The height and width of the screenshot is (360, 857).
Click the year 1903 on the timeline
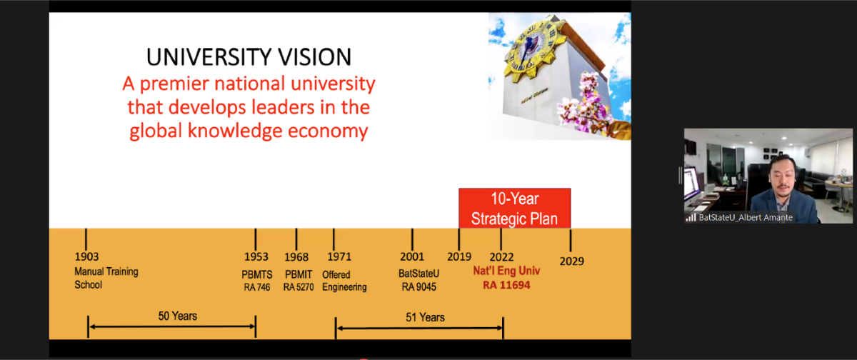point(86,256)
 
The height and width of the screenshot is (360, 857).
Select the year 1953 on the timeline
point(256,256)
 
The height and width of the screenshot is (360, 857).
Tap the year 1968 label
point(296,257)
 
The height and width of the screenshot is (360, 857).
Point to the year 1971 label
point(339,256)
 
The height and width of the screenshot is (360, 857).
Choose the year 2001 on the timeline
point(412,256)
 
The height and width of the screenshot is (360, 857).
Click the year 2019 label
point(459,256)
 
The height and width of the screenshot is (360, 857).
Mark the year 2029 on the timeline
point(571,261)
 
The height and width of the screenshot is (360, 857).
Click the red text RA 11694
point(506,285)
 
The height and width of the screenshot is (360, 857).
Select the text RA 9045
point(419,287)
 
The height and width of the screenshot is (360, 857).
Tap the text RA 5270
point(299,287)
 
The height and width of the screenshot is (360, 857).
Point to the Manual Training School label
point(106,278)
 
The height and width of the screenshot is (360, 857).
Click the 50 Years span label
point(178,316)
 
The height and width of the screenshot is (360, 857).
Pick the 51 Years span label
point(425,318)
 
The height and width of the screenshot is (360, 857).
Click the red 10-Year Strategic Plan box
point(515,208)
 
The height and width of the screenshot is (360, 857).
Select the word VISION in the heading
point(314,57)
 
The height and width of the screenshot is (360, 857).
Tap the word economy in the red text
point(328,131)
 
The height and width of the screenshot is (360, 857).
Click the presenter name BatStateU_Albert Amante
point(746,218)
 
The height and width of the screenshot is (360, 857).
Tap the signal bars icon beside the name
point(691,218)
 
